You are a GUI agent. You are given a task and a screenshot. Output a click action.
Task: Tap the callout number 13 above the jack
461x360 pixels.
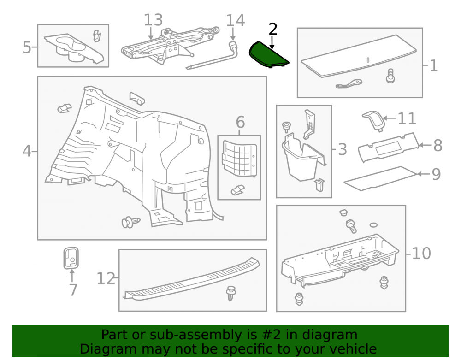pyautogui.click(x=153, y=20)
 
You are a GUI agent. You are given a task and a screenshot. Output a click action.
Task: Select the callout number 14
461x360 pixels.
pyautogui.click(x=235, y=21)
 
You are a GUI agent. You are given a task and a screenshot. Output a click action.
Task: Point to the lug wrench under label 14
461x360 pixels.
pyautogui.click(x=212, y=56)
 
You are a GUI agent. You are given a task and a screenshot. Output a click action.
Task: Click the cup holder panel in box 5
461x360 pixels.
pyautogui.click(x=73, y=48)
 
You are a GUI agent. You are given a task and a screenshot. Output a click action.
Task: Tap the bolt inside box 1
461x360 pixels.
pyautogui.click(x=390, y=76)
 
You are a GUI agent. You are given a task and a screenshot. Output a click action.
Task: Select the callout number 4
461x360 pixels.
pyautogui.click(x=27, y=151)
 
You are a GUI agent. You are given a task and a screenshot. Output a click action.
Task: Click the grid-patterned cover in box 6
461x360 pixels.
pyautogui.click(x=240, y=159)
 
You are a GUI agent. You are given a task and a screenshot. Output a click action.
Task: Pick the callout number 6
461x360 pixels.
pyautogui.click(x=240, y=122)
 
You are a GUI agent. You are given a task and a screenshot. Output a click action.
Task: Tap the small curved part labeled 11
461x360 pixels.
pyautogui.click(x=373, y=120)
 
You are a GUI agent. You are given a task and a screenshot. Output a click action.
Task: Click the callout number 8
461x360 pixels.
pyautogui.click(x=438, y=145)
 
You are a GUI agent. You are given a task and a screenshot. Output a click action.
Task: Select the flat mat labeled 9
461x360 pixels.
pyautogui.click(x=380, y=178)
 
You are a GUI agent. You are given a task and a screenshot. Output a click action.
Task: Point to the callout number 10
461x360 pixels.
pyautogui.click(x=421, y=253)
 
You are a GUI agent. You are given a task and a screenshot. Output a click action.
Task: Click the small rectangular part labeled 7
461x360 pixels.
pyautogui.click(x=71, y=258)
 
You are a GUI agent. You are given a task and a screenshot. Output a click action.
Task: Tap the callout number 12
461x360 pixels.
pyautogui.click(x=106, y=278)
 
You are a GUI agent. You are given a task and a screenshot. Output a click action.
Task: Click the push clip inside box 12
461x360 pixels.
pyautogui.click(x=231, y=293)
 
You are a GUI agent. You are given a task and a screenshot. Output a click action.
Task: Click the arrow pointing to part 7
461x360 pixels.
pyautogui.click(x=72, y=276)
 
